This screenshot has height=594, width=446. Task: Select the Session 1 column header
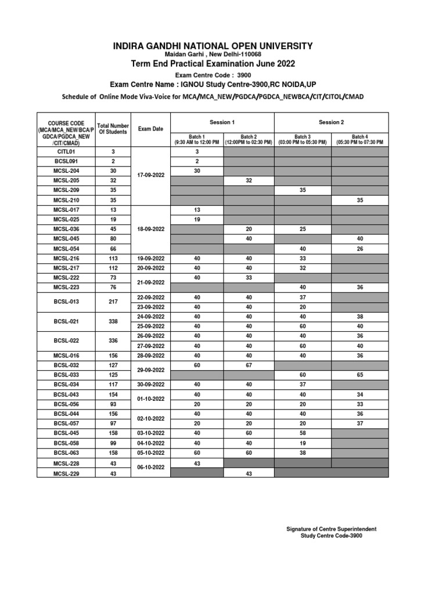(x=222, y=122)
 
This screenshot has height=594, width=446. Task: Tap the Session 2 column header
(x=331, y=122)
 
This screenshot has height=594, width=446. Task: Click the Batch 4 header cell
(x=359, y=139)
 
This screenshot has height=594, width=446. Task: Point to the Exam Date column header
(x=150, y=129)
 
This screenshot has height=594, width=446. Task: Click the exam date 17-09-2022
(x=150, y=175)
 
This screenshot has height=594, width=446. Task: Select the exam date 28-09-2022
(x=150, y=355)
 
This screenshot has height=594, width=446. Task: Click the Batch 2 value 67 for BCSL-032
(x=249, y=365)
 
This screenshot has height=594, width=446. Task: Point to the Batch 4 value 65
(x=359, y=375)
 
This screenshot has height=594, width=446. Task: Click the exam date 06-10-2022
(x=150, y=468)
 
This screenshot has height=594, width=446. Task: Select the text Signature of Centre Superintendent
(x=332, y=529)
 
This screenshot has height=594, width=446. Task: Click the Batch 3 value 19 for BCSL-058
(x=302, y=443)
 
